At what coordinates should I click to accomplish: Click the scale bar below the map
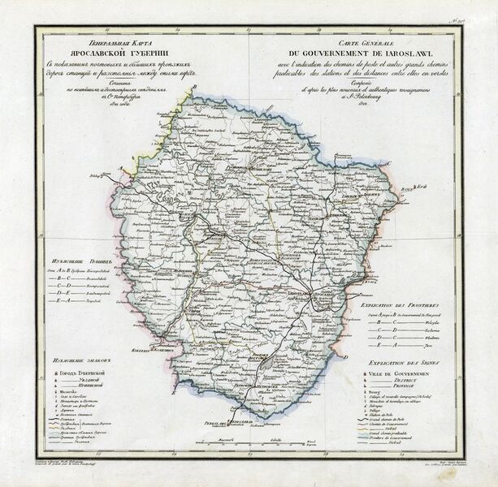(x=248, y=443)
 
